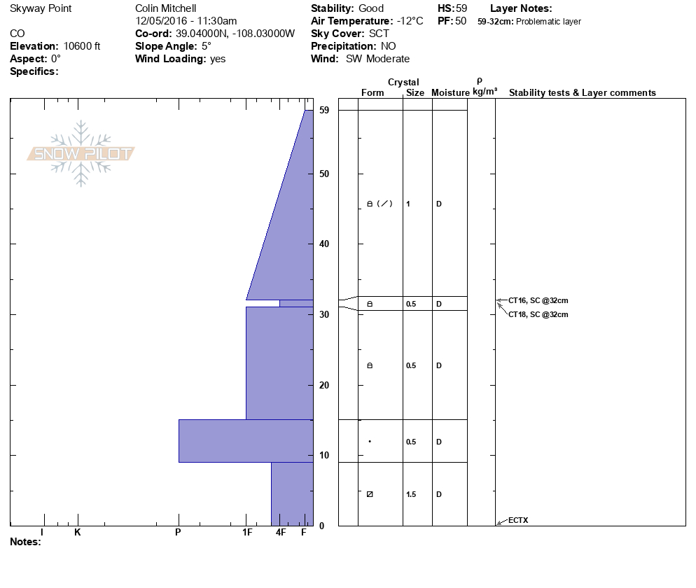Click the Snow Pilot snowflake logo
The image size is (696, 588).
[81, 153]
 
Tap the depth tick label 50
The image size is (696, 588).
[324, 174]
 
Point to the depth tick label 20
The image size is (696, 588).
[324, 385]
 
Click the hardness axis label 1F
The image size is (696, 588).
[247, 532]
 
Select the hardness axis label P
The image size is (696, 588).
[178, 532]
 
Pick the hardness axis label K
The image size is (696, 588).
[78, 532]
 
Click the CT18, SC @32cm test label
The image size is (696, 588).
[538, 314]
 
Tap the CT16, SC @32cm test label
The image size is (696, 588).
[538, 300]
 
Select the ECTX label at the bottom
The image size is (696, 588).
[518, 520]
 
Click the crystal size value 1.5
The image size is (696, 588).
[411, 494]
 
